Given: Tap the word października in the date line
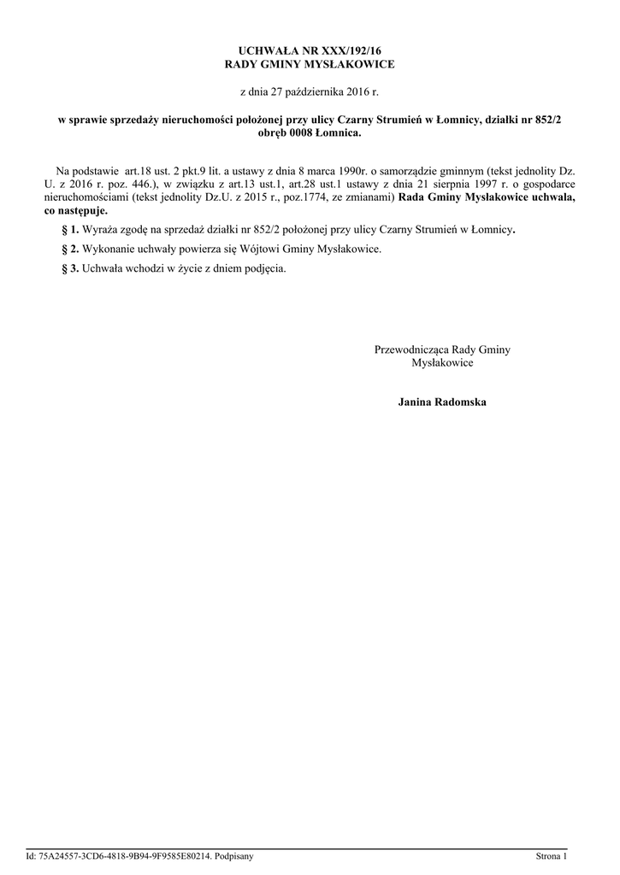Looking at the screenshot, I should (305, 91).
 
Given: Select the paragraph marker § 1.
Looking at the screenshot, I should (70, 230).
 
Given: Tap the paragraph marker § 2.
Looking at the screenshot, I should (70, 249).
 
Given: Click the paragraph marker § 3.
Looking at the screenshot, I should (70, 267).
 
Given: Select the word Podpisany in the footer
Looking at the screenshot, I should (234, 855).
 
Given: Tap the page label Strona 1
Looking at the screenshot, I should (551, 855).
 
